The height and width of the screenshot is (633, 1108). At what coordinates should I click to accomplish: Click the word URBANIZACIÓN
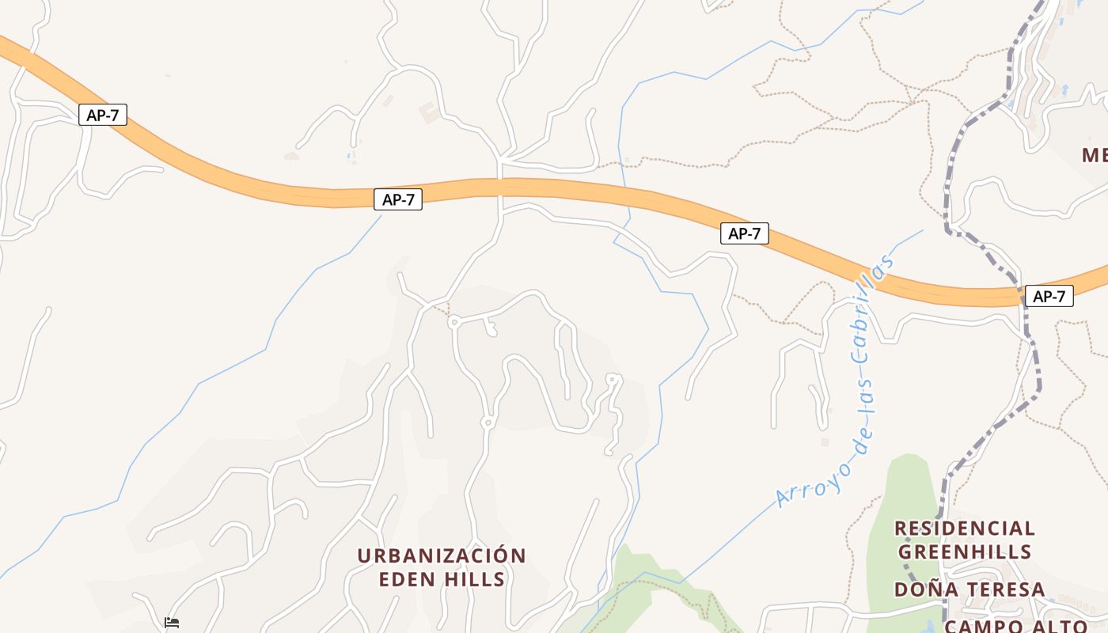441,555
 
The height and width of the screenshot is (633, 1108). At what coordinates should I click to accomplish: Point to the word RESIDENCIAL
964,528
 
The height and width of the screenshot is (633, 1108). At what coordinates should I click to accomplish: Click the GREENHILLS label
964,552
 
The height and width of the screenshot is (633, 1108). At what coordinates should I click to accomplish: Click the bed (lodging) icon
172,623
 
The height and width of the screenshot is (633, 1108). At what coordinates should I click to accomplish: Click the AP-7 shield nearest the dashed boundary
1049,297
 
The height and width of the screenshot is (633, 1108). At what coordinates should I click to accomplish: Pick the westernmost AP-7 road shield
103,115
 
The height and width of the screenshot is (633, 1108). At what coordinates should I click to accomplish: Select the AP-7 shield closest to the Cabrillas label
744,233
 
